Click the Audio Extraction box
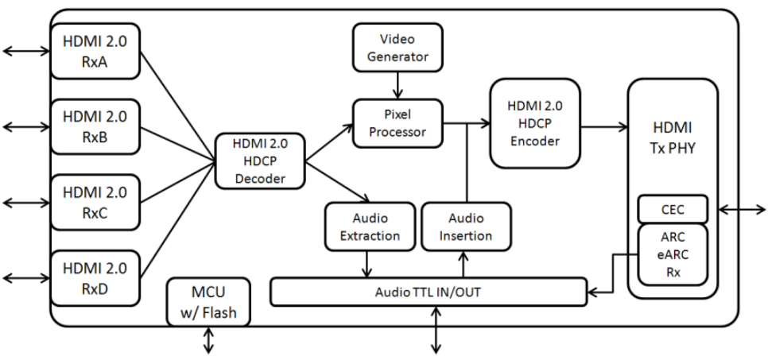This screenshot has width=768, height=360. pos(370,226)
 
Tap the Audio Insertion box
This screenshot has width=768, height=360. pos(466,226)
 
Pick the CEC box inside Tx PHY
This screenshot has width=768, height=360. pos(673,210)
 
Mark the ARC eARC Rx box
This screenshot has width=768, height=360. pos(673,254)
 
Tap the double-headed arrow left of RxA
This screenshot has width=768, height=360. pos(25,51)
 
